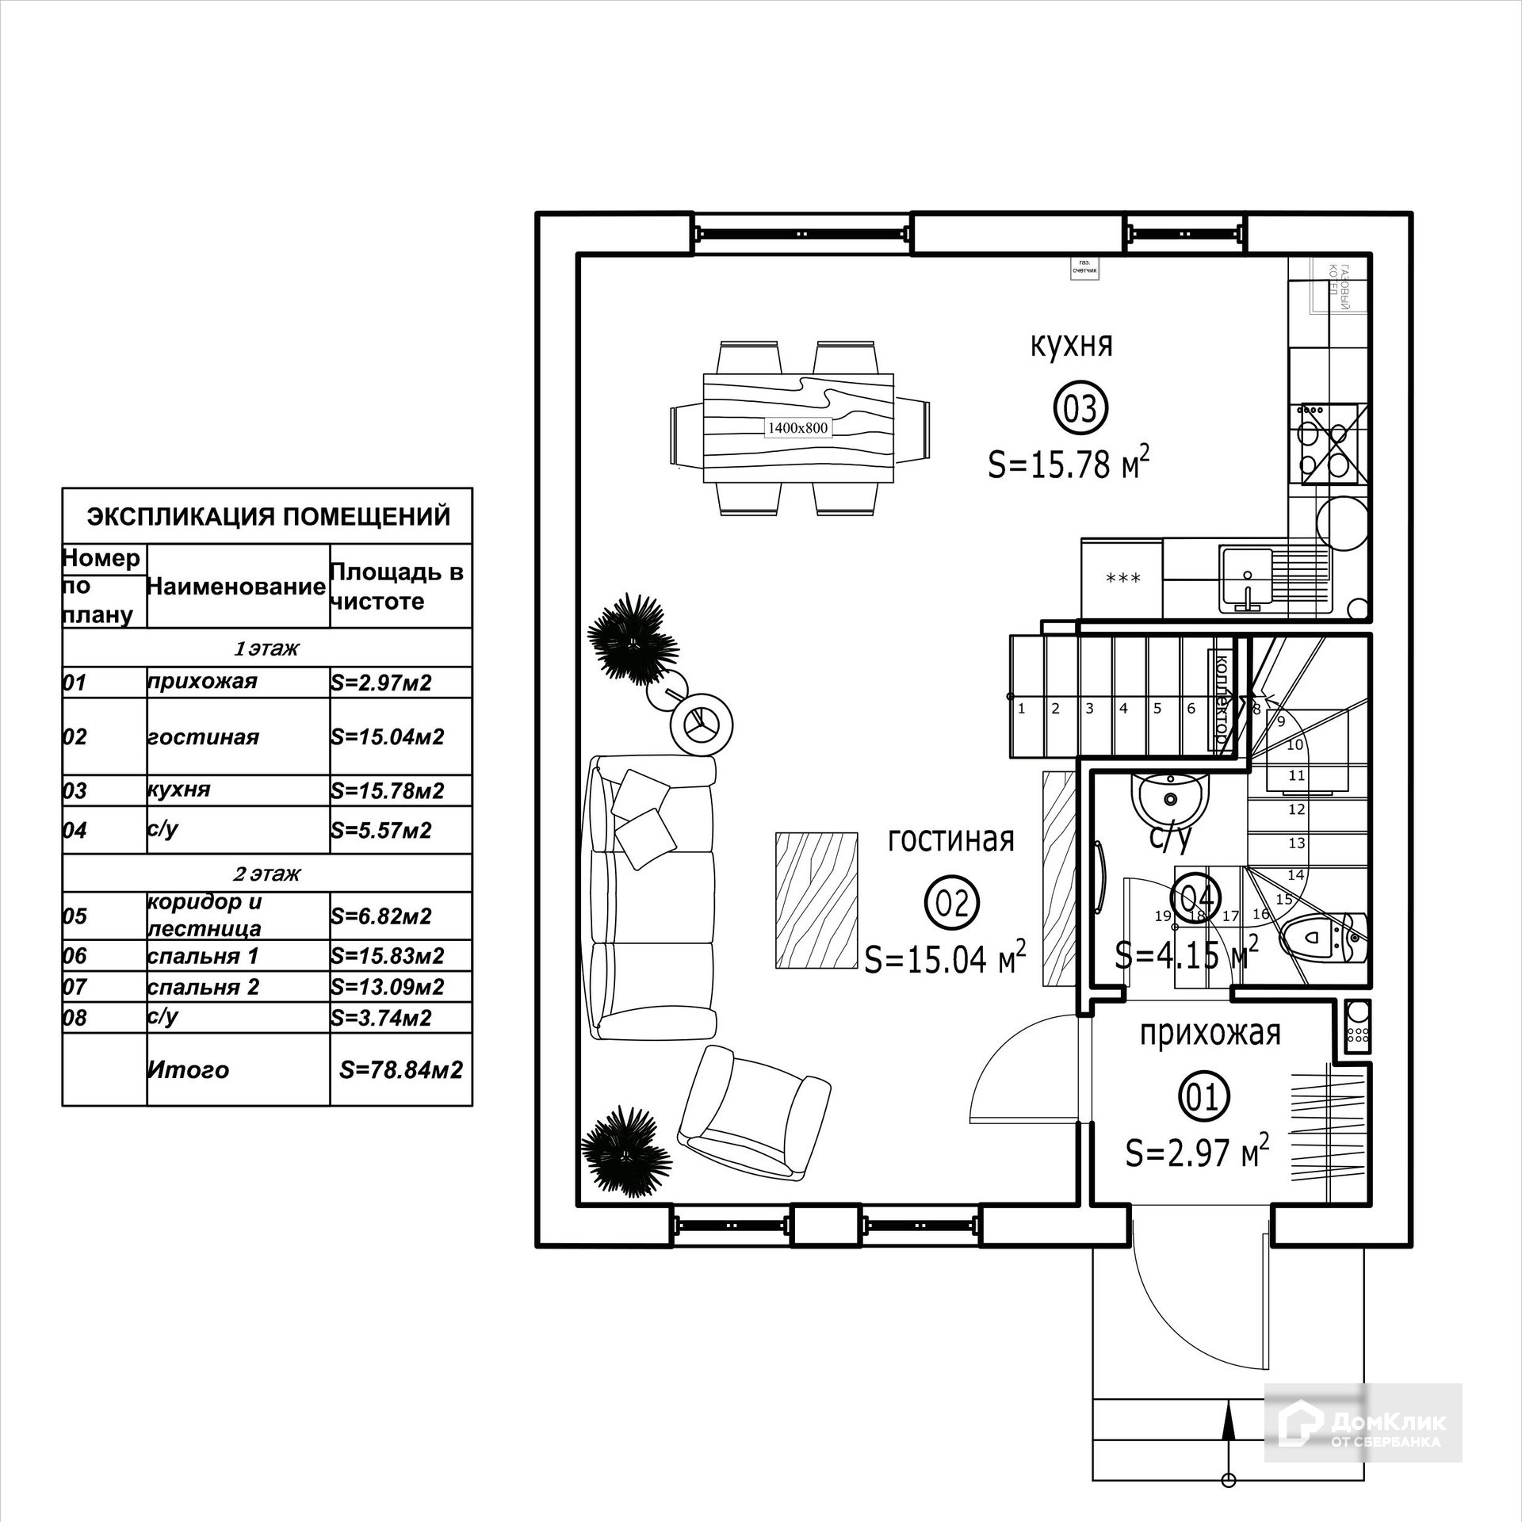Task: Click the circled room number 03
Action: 1080,410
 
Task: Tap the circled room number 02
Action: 952,902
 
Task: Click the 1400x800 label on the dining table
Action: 797,428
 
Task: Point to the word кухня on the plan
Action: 1071,346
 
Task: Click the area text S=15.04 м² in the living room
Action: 945,958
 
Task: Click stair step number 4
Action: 1123,709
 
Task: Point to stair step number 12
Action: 1297,809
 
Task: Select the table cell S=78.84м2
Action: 400,1069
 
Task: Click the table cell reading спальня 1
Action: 203,956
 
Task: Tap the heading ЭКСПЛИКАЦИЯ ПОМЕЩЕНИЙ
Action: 268,517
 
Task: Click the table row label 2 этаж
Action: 266,874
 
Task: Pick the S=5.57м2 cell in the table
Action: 381,830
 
